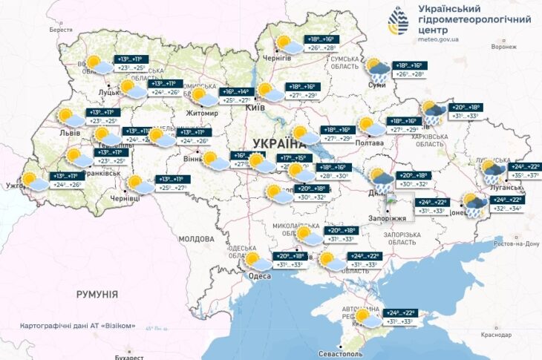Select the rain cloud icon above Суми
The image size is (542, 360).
[378, 71]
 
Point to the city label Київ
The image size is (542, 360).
[256, 108]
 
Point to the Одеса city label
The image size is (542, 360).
[260, 275]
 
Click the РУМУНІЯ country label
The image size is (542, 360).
[97, 295]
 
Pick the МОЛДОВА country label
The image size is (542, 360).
[196, 239]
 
